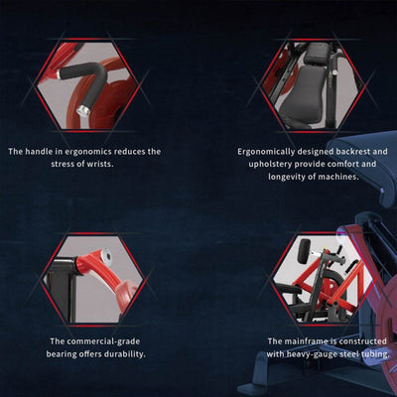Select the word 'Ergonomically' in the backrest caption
point(266,152)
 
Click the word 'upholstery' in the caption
point(270,165)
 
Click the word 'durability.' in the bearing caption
point(125,354)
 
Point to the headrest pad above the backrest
point(318,54)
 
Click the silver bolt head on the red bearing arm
point(105,255)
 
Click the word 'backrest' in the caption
point(352,152)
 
